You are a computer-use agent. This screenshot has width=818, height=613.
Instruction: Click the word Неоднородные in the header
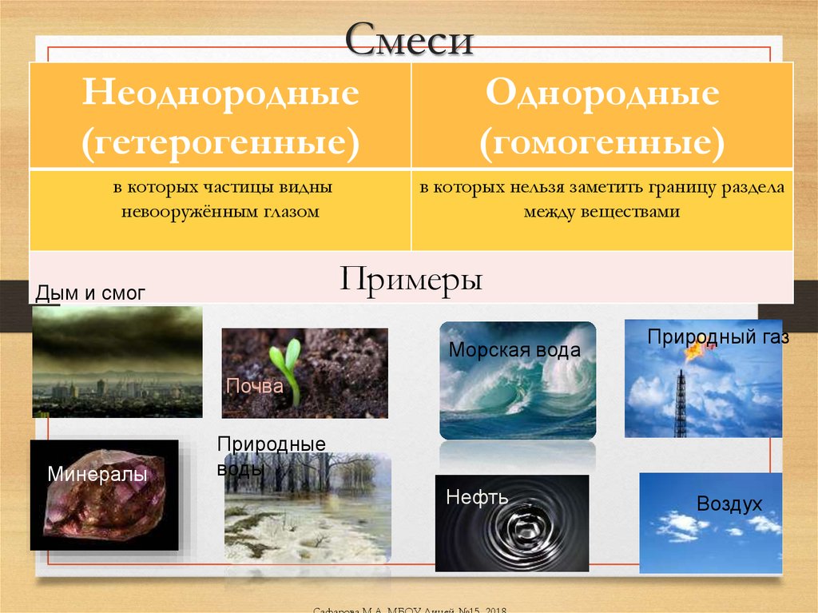[x=220, y=95]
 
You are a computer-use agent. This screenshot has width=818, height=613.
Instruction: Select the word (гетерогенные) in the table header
[x=220, y=142]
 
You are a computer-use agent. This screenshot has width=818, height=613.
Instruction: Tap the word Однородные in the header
[x=602, y=95]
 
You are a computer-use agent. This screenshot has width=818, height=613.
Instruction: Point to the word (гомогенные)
[x=602, y=142]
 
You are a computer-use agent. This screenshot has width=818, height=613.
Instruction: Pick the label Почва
[x=255, y=387]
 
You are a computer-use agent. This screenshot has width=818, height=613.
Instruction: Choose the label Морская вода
[x=514, y=349]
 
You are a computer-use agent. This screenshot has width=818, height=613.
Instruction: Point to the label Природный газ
[x=717, y=336]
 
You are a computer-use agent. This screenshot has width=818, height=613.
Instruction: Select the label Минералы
[x=97, y=475]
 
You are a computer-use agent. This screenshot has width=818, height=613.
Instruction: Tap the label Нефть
[x=478, y=498]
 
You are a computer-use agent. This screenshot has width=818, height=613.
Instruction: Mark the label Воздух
[x=729, y=504]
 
